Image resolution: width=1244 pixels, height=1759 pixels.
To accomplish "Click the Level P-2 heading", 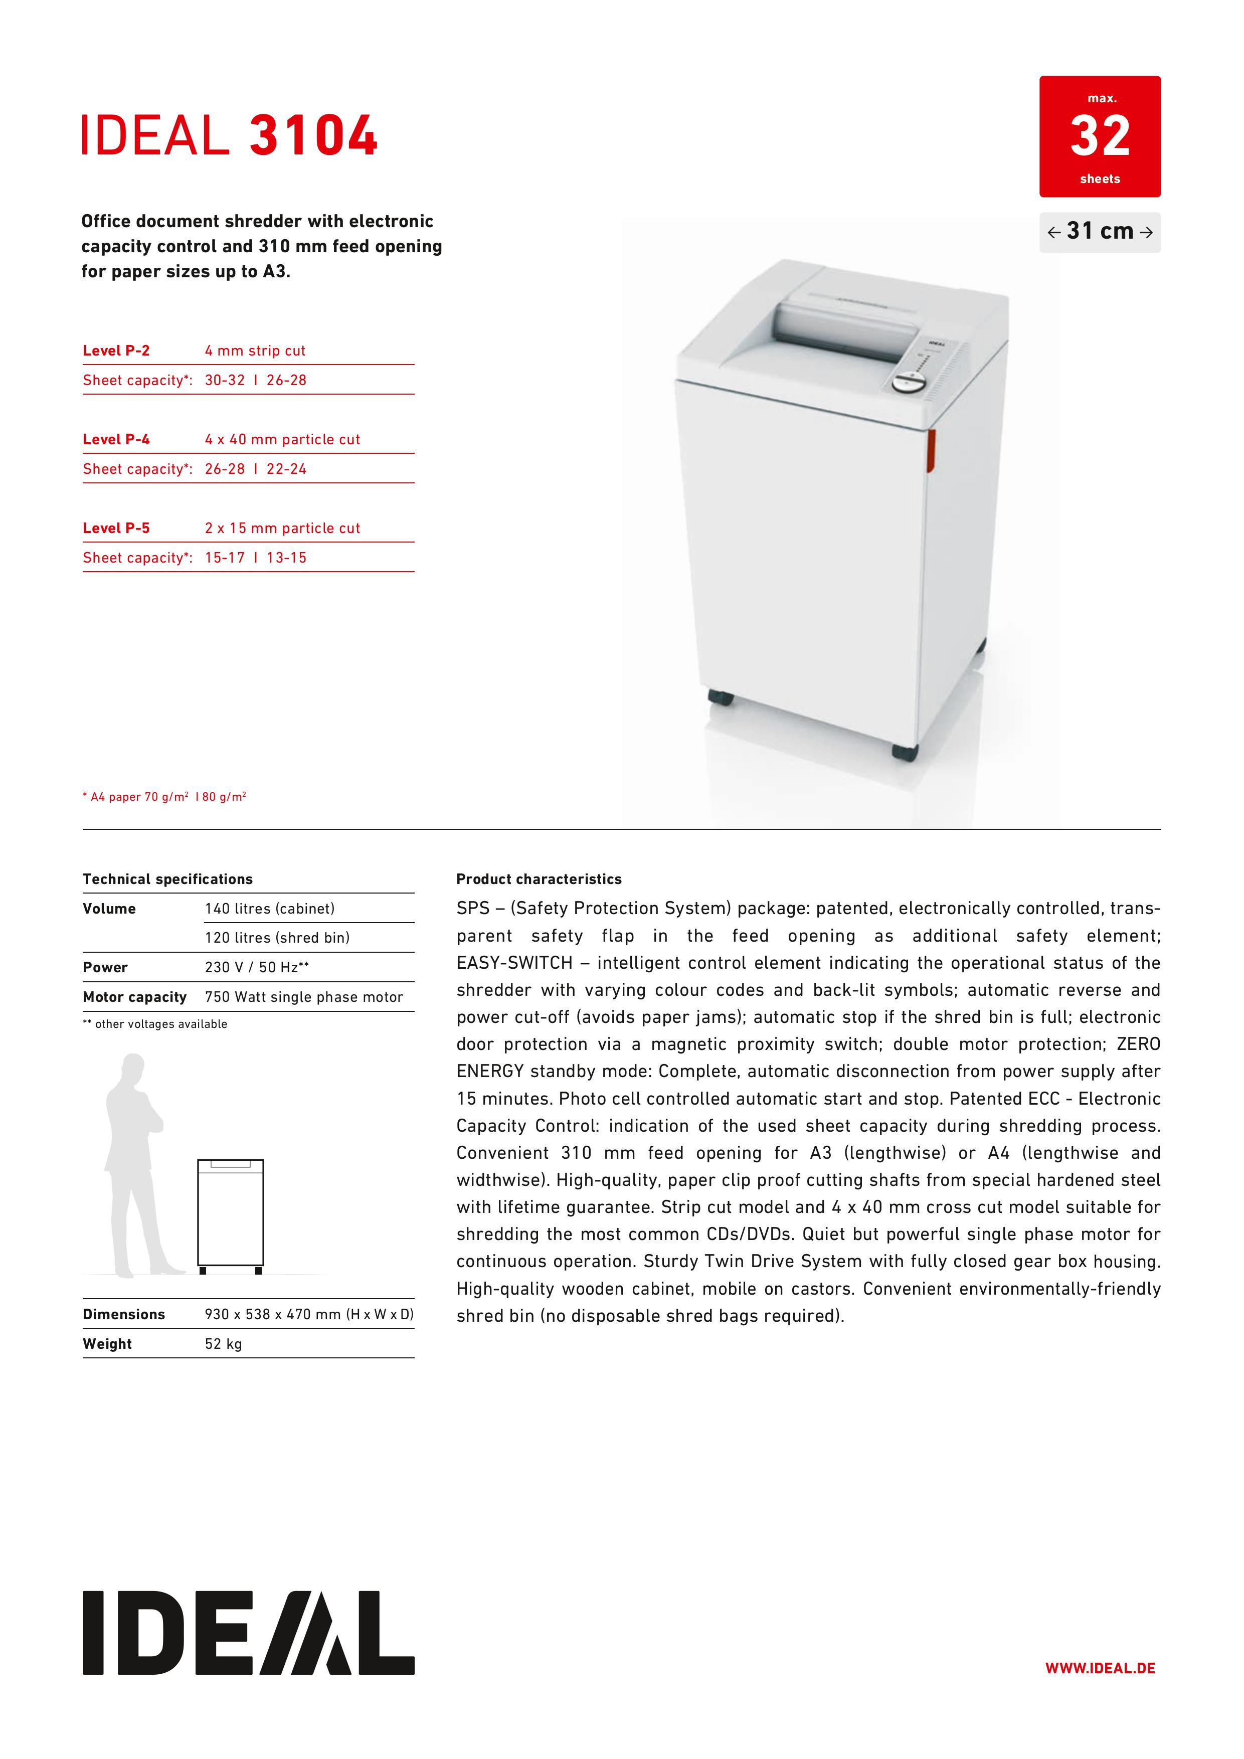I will pos(116,351).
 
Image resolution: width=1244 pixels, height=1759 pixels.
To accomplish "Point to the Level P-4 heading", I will pos(116,440).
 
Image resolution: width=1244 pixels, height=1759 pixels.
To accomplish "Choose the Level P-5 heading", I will pos(116,529).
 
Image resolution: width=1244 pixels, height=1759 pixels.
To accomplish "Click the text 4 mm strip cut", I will pos(255,351).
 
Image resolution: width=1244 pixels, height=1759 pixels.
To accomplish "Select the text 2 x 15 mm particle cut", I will pos(282,529).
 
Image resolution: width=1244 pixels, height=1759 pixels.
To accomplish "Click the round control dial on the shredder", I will pos(909,381).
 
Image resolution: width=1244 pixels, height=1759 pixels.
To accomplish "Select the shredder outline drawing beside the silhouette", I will pos(231,1215).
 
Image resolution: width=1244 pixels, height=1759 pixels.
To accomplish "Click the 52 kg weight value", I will pos(223,1344).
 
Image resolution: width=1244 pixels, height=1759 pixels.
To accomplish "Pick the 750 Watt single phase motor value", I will pos(303,997).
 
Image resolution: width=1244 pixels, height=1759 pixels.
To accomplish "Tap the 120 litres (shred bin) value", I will pos(277,938).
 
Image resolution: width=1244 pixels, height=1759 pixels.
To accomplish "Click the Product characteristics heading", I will pos(539,878).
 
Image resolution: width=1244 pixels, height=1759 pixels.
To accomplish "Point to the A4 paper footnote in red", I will pos(164,797).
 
